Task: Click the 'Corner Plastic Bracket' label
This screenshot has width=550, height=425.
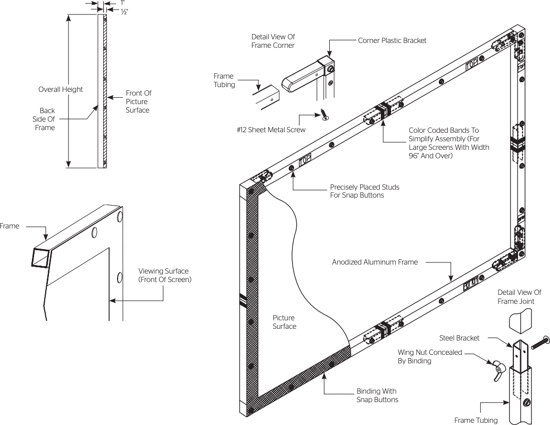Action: (392, 41)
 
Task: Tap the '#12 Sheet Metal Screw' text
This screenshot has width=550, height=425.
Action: (271, 130)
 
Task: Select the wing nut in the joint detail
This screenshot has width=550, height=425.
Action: (498, 365)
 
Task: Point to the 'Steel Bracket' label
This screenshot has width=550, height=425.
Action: (460, 337)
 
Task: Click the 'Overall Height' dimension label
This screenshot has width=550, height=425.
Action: (61, 89)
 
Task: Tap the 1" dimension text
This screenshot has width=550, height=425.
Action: (122, 3)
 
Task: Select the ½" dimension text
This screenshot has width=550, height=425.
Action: (124, 11)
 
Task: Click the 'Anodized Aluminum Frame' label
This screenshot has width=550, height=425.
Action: (375, 262)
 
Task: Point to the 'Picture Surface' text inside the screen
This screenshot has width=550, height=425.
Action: (284, 322)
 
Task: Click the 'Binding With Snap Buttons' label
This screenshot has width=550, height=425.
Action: (377, 396)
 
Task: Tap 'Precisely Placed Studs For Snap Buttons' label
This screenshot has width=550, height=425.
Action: (364, 191)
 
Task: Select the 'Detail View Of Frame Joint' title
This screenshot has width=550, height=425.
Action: (519, 296)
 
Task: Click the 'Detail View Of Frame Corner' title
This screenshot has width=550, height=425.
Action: (273, 41)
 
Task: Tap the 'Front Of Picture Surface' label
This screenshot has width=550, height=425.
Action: (137, 101)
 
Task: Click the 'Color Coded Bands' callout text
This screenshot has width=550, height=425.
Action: (448, 142)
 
